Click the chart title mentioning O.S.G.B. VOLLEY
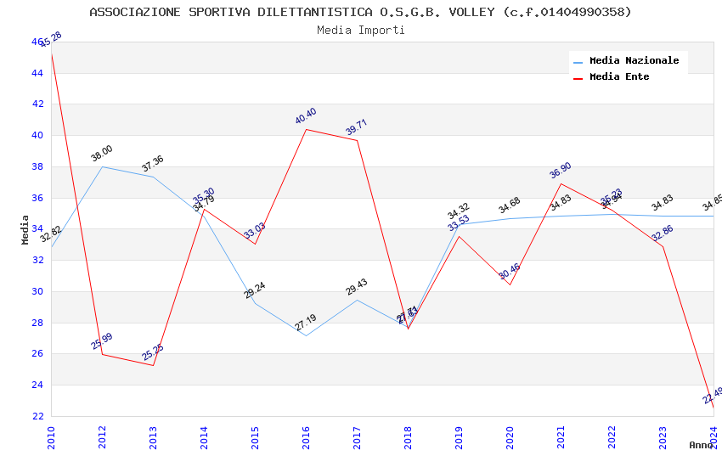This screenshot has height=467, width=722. pyautogui.click(x=360, y=12)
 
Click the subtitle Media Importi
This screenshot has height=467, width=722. pyautogui.click(x=360, y=30)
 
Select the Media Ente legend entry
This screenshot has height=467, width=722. pyautogui.click(x=619, y=76)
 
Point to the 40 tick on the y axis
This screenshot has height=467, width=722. pyautogui.click(x=38, y=135)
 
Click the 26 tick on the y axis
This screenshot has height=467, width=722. pyautogui.click(x=38, y=354)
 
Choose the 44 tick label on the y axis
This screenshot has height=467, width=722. pyautogui.click(x=38, y=73)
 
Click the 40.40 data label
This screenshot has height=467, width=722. pyautogui.click(x=306, y=116)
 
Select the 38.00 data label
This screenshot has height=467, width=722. pyautogui.click(x=102, y=154)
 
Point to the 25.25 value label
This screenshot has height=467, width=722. pyautogui.click(x=153, y=352)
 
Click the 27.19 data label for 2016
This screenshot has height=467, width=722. pyautogui.click(x=306, y=323)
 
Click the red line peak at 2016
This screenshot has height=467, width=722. pyautogui.click(x=306, y=129)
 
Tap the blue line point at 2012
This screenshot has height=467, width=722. pyautogui.click(x=102, y=166)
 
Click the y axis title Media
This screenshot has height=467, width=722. pyautogui.click(x=25, y=229)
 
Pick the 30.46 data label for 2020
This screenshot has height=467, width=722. pyautogui.click(x=510, y=272)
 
